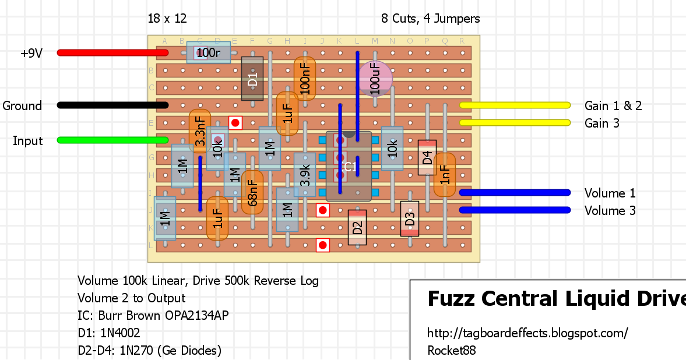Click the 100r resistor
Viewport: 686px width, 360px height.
(208, 52)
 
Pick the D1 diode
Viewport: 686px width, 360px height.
(252, 79)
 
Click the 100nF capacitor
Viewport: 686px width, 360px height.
(305, 78)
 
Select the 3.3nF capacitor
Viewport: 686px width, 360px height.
(200, 133)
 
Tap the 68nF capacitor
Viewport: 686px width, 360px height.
(252, 192)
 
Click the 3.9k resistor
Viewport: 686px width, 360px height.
(305, 175)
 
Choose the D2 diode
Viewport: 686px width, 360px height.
(357, 227)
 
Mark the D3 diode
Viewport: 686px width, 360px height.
(410, 219)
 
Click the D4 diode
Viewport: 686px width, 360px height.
(427, 157)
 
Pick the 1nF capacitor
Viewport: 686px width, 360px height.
(445, 175)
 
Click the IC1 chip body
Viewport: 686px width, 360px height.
(349, 167)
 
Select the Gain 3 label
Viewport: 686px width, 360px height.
(602, 123)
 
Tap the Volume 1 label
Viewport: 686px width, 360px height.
(610, 193)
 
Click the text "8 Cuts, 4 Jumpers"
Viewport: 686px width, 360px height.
(431, 19)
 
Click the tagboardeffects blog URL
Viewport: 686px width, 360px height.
(527, 333)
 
